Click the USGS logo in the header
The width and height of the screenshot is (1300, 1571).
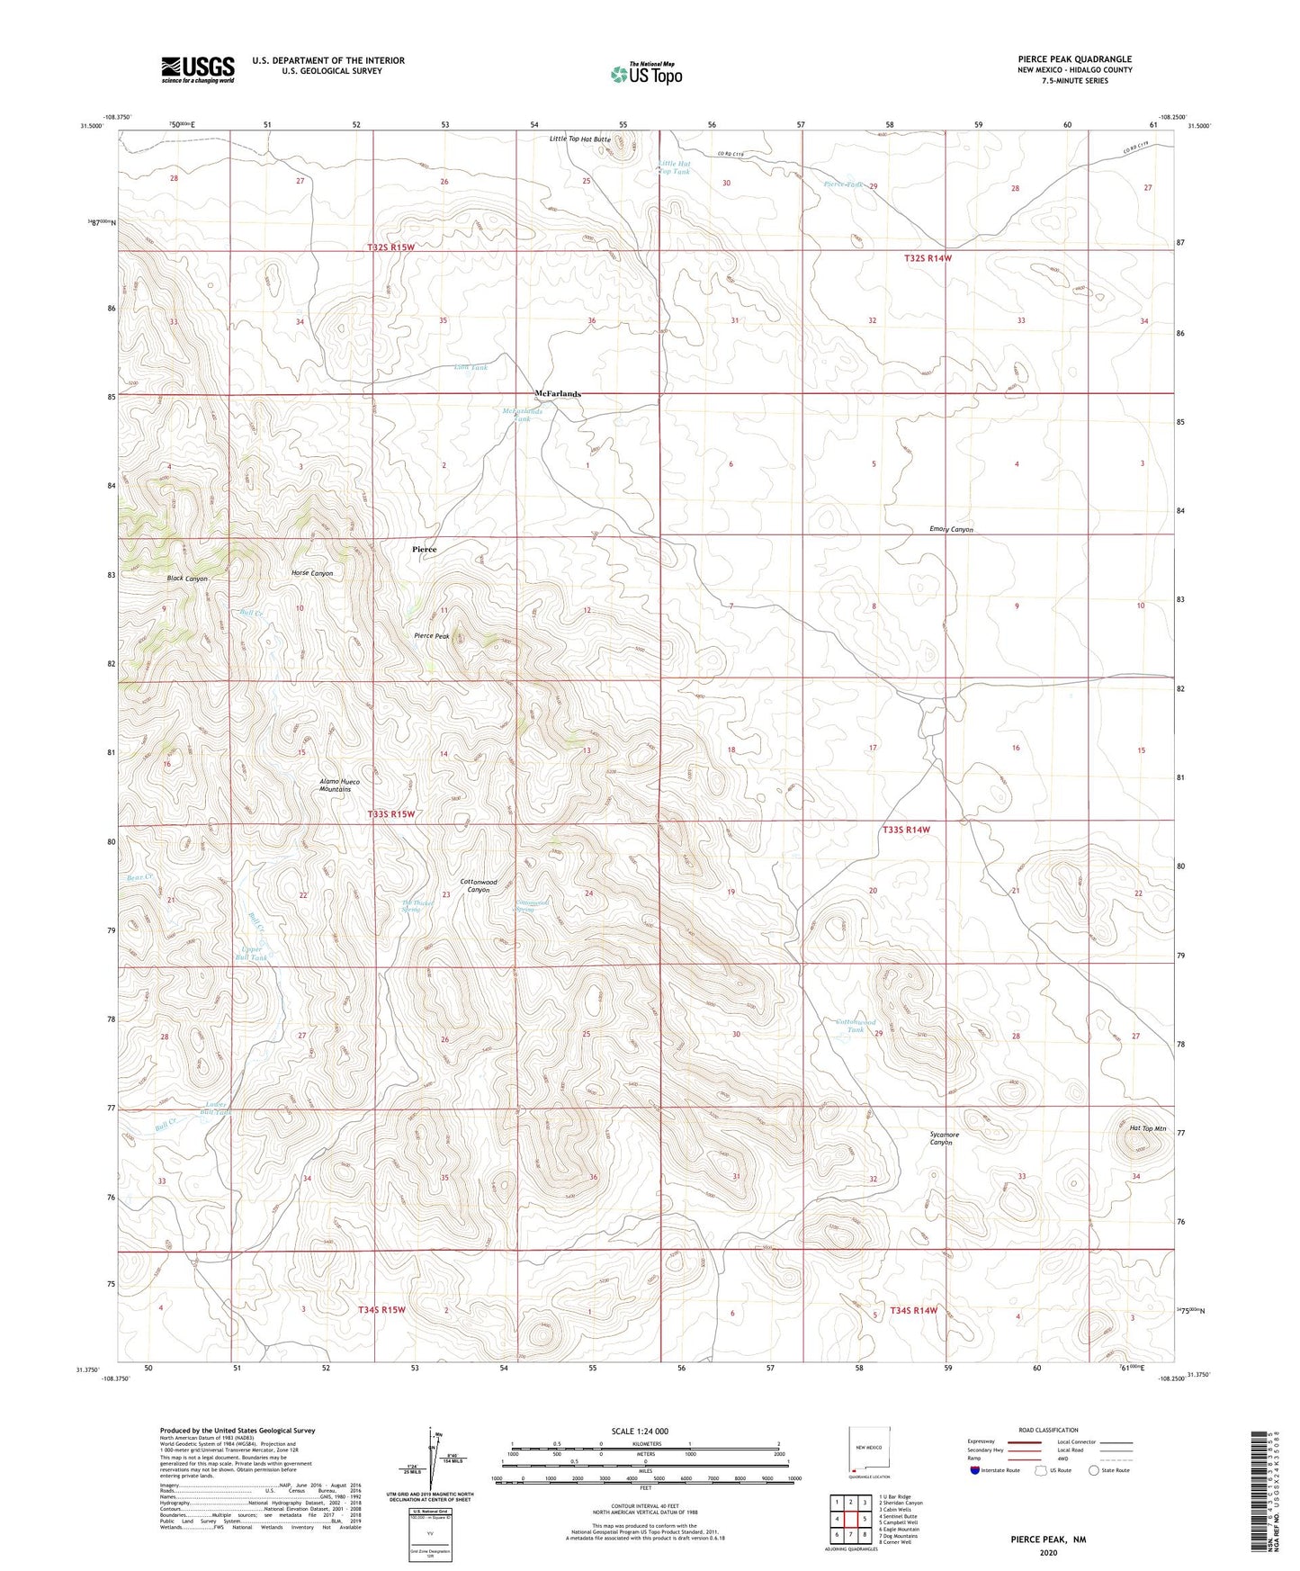197,69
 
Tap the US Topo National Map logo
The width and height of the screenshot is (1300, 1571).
646,74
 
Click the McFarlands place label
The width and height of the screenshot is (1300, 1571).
558,394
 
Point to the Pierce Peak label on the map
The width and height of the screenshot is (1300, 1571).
432,636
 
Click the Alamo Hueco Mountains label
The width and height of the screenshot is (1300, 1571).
340,785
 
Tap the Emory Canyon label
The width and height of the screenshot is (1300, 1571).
951,530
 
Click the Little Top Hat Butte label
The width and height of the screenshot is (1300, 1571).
580,139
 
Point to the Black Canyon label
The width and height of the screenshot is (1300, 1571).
187,579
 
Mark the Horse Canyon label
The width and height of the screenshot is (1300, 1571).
312,573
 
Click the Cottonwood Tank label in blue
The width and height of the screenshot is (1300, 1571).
856,1026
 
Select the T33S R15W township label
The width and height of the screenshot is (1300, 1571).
391,814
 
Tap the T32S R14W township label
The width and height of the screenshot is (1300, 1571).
928,258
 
